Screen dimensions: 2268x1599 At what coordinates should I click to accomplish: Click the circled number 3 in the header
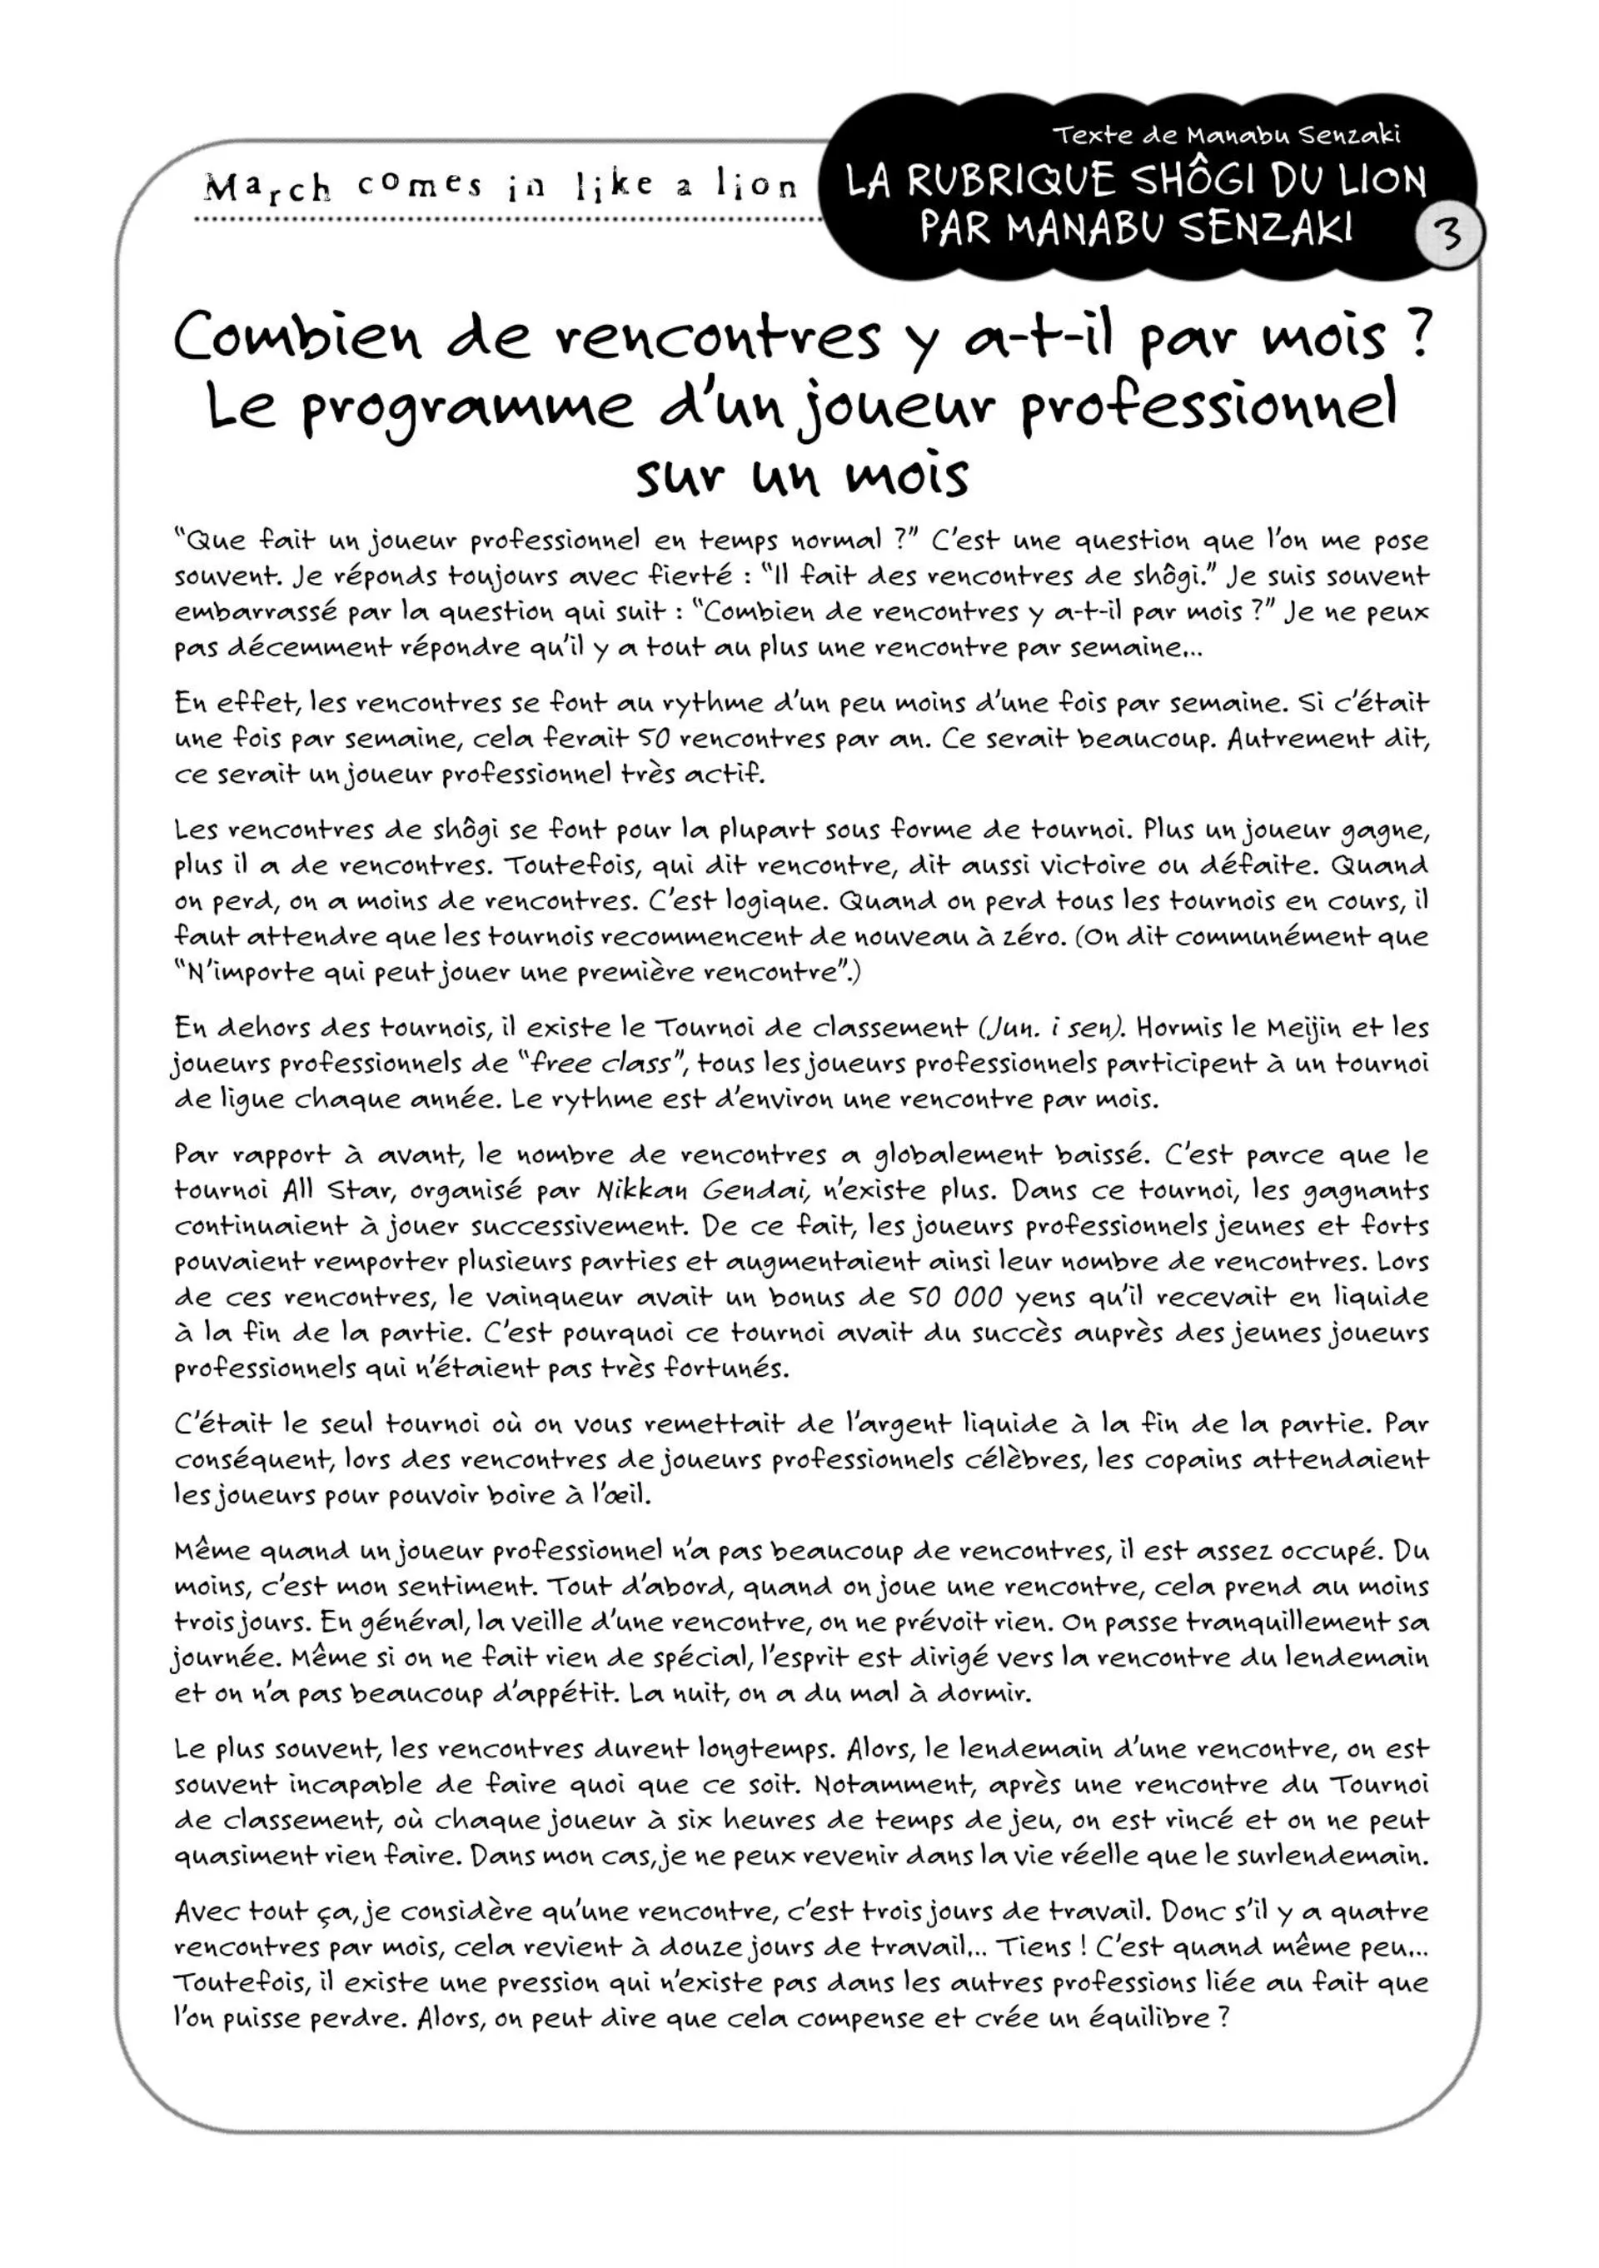[1448, 235]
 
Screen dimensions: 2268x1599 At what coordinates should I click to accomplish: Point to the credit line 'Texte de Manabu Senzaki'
[1226, 134]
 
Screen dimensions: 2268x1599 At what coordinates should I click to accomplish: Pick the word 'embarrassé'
[258, 611]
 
